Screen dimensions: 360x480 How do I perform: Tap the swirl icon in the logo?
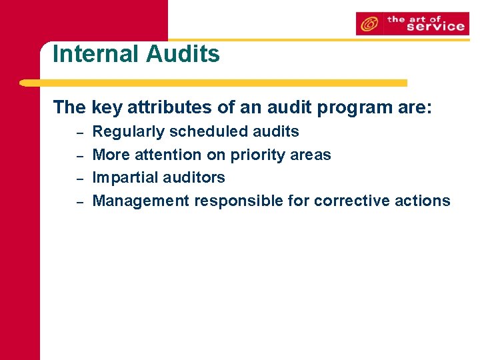pyautogui.click(x=367, y=25)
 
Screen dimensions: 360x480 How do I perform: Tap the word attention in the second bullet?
pyautogui.click(x=167, y=155)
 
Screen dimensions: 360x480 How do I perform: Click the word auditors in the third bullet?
pyautogui.click(x=194, y=177)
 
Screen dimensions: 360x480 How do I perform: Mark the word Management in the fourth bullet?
pyautogui.click(x=141, y=201)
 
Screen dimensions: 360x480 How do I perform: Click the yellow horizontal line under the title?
pyautogui.click(x=213, y=83)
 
